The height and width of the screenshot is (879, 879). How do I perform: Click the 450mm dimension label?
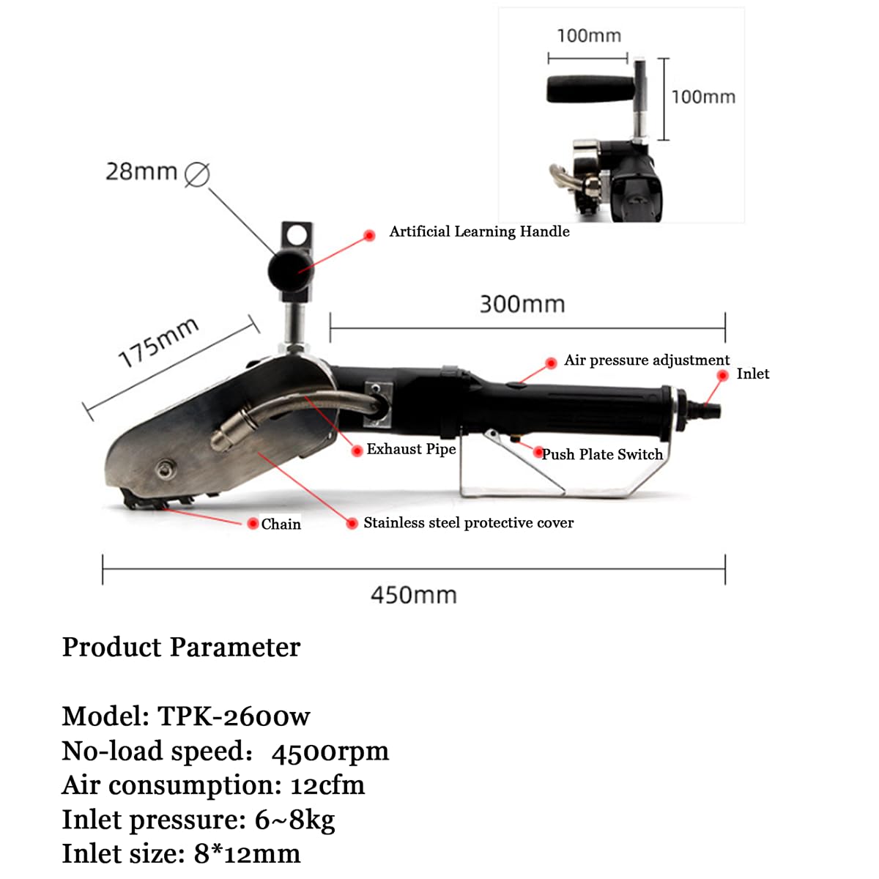click(413, 596)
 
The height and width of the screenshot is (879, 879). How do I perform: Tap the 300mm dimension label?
click(522, 304)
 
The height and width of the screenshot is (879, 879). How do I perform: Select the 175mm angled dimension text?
click(158, 342)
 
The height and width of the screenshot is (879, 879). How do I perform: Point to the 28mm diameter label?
click(141, 172)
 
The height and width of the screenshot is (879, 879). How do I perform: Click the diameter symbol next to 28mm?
click(197, 175)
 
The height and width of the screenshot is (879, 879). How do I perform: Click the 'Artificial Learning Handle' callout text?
click(479, 231)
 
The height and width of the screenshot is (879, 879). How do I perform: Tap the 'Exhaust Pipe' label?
click(411, 449)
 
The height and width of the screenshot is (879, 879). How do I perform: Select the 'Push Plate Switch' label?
click(602, 454)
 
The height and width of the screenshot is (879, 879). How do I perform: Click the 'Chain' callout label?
click(281, 524)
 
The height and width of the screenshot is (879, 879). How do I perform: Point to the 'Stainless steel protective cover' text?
click(469, 523)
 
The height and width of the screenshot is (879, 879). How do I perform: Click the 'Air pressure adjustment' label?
click(647, 360)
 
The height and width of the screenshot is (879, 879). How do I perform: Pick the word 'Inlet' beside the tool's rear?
click(753, 374)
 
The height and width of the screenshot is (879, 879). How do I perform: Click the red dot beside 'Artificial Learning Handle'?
click(369, 235)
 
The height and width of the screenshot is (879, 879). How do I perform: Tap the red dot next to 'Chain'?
click(253, 523)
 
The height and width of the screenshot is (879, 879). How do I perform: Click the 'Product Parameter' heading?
click(181, 648)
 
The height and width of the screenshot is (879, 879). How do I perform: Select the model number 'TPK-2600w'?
click(234, 716)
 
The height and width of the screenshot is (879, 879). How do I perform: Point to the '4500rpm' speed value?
click(330, 752)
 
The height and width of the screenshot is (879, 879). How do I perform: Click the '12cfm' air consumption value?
click(327, 785)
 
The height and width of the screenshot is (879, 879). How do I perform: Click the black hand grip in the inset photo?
click(590, 89)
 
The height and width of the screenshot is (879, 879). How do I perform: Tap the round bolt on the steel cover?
click(165, 470)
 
